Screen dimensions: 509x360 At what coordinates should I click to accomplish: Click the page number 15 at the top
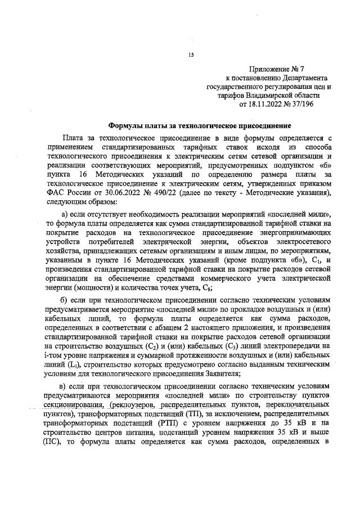click(191, 55)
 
